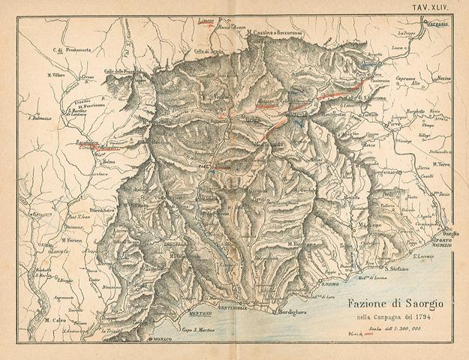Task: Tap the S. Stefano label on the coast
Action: [397, 268]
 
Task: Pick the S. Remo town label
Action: [332, 284]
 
